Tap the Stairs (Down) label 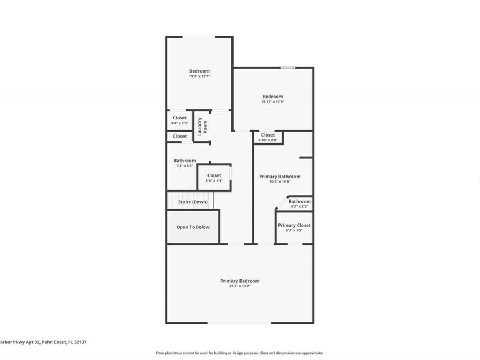(193, 202)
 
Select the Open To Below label (193, 227)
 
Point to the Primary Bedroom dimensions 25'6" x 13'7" (239, 286)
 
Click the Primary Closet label (294, 225)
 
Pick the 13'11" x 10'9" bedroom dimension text (273, 102)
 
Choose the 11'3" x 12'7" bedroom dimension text (199, 76)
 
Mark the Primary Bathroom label (279, 177)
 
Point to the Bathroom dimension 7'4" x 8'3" (185, 166)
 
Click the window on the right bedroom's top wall (288, 68)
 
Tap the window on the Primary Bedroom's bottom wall (239, 323)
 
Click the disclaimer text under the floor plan (239, 353)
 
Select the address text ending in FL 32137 (36, 342)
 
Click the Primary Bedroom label (239, 281)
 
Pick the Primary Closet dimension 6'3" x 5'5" (294, 231)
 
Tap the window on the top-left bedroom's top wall (199, 37)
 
